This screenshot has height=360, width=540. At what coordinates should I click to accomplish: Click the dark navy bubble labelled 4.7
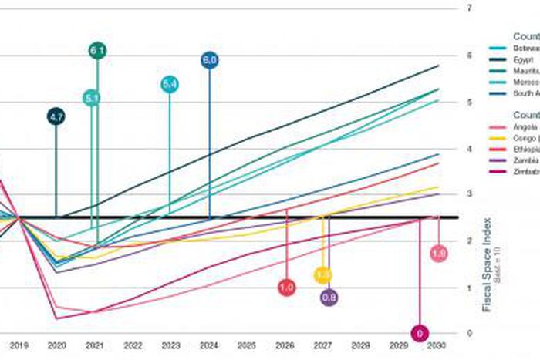pos(56,117)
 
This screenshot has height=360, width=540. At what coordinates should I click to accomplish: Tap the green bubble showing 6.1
pos(97,51)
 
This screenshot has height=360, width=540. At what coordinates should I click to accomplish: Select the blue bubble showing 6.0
pos(210,59)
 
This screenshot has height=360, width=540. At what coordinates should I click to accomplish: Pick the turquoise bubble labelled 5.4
pos(170,84)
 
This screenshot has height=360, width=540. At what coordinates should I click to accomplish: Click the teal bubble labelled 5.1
pos(92,98)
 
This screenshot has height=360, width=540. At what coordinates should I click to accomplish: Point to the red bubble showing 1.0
pos(286,288)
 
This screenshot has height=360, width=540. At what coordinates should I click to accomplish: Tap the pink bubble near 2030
pos(439,254)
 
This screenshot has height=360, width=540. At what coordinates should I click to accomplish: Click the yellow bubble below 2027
pos(324,274)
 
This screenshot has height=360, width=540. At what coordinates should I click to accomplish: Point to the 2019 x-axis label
pos(19,347)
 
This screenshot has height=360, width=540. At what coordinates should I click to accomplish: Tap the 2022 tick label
pos(133,347)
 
